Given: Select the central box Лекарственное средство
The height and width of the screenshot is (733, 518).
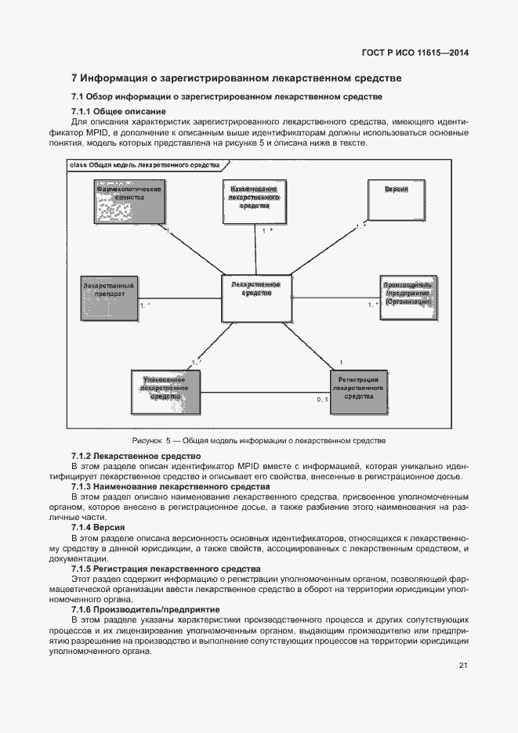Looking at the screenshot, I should [x=256, y=298].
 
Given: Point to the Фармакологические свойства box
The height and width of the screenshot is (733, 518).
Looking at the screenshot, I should [x=129, y=202].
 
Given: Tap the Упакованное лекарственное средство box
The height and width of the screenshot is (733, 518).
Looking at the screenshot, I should [x=165, y=392].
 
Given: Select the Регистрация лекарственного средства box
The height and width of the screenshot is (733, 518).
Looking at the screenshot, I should [x=358, y=392].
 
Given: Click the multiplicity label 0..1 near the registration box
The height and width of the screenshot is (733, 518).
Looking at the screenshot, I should [x=321, y=399].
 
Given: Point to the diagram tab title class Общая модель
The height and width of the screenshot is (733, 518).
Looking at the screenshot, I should [x=145, y=165].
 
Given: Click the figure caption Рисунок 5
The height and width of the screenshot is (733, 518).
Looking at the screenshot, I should [x=259, y=441].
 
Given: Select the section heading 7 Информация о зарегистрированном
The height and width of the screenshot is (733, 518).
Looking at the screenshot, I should [x=236, y=78].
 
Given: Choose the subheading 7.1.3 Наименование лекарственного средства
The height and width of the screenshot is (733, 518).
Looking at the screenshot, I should [x=159, y=486].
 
